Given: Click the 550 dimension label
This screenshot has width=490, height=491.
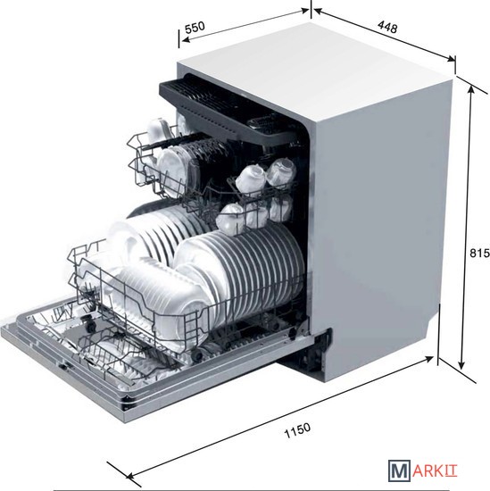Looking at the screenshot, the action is click(195, 28).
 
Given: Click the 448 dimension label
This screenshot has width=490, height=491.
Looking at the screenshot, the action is click(387, 27).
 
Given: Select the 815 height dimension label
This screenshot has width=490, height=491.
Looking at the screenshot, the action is click(479, 253).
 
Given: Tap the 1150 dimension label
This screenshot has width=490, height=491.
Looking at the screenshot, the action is click(297, 430).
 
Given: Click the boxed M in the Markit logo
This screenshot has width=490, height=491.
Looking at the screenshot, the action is click(399, 470).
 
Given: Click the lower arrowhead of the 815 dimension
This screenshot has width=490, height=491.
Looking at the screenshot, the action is click(461, 364).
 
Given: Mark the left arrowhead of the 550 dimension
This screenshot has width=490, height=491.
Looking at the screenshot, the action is click(186, 40).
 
